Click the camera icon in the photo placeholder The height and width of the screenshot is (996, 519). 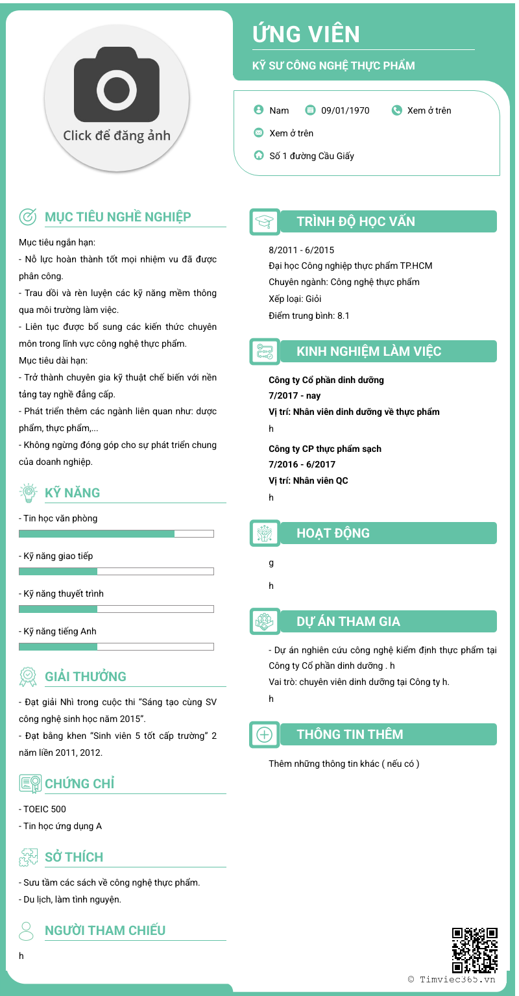(117, 86)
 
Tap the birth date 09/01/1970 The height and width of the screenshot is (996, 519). (345, 110)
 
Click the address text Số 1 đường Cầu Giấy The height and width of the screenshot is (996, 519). (311, 156)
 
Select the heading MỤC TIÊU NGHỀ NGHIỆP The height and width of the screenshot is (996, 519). (117, 217)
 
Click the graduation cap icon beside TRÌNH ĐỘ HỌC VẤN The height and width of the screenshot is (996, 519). (265, 222)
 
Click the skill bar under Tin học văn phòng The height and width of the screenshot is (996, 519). (116, 534)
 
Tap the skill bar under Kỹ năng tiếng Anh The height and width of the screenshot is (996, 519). (116, 647)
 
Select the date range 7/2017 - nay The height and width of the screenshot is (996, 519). (295, 395)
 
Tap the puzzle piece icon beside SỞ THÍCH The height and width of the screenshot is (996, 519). (28, 857)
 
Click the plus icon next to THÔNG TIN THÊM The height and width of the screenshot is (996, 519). (265, 735)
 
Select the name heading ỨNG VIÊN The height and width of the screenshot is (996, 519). (306, 34)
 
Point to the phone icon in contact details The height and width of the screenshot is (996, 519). (397, 110)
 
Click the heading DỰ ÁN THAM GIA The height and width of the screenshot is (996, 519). (348, 621)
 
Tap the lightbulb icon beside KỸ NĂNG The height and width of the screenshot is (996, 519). (28, 493)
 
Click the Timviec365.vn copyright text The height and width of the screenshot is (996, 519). (452, 980)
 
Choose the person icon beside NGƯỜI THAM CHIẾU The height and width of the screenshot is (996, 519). (27, 930)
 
